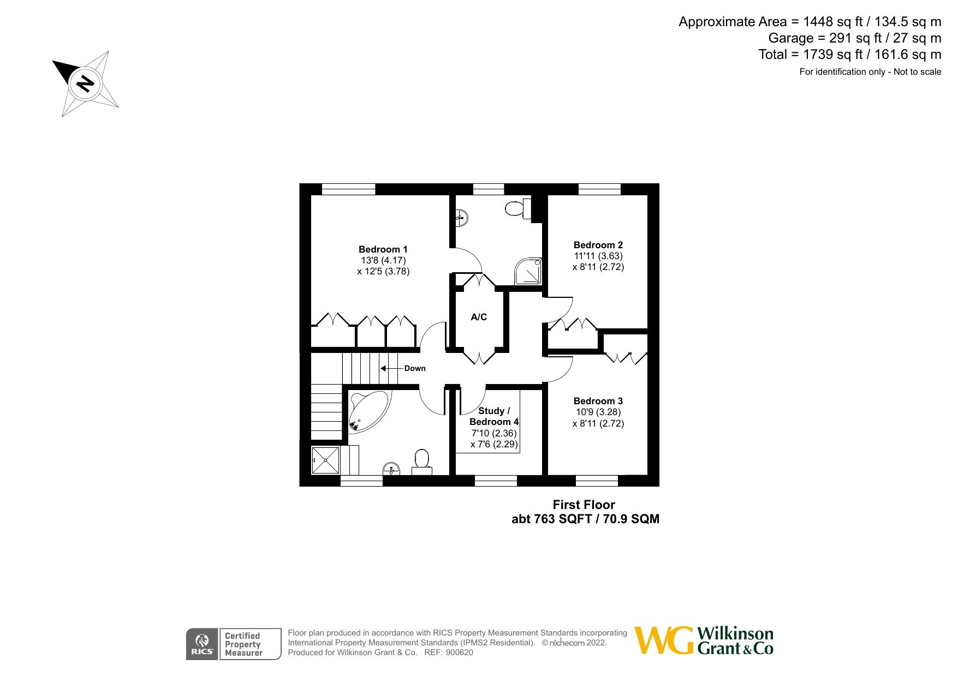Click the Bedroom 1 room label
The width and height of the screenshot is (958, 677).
(383, 249)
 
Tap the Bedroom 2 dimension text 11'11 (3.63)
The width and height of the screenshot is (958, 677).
(598, 256)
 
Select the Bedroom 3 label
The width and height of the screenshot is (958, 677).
(598, 401)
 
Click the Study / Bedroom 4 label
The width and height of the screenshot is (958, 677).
(494, 416)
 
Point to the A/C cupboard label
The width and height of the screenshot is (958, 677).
(479, 317)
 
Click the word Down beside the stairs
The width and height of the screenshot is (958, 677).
(415, 368)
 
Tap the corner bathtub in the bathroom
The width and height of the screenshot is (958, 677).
(368, 410)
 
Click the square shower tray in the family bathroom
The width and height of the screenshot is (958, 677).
(325, 460)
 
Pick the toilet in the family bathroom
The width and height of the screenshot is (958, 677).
(422, 461)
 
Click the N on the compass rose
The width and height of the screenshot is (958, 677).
(85, 83)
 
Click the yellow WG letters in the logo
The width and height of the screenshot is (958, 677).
(664, 640)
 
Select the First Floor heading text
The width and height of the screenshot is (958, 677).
(584, 505)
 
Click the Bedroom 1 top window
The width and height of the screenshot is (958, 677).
(348, 189)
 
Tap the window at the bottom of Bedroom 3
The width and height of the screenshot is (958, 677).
(597, 481)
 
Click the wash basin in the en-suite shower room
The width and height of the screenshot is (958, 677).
(462, 218)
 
